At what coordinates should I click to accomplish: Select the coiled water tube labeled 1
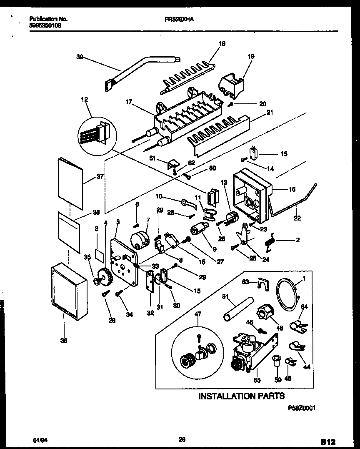click(287, 294)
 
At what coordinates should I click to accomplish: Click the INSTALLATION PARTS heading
click(241, 396)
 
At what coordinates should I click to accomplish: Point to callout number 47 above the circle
click(197, 313)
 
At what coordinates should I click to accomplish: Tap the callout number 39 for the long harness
click(79, 58)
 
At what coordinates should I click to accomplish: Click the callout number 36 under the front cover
click(64, 340)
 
